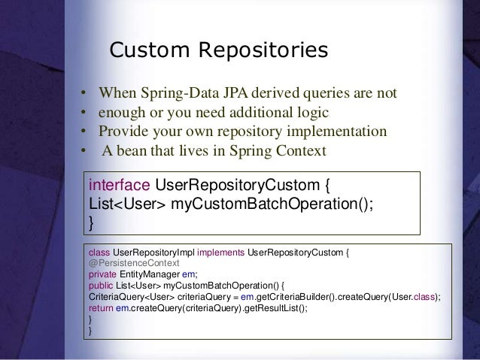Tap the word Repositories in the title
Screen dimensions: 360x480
(263, 50)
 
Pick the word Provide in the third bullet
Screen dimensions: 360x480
(126, 132)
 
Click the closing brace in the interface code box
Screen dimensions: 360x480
(92, 222)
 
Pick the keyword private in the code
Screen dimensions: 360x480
(103, 274)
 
